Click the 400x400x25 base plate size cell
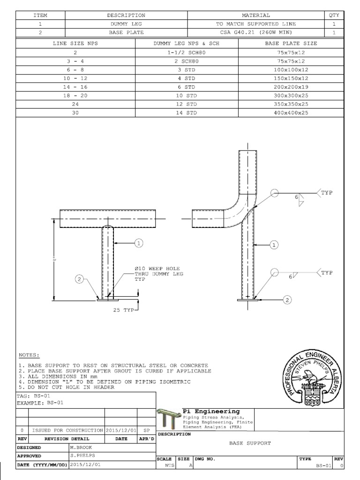pyautogui.click(x=291, y=113)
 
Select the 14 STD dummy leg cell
pyautogui.click(x=187, y=113)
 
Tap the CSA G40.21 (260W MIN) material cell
pyautogui.click(x=255, y=32)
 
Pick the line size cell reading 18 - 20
pyautogui.click(x=75, y=96)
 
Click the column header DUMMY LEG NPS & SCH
pyautogui.click(x=187, y=43)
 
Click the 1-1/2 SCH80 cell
pyautogui.click(x=187, y=52)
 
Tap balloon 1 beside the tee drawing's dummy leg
pyautogui.click(x=139, y=243)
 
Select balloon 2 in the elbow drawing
pyautogui.click(x=288, y=299)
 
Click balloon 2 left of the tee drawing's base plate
pyautogui.click(x=80, y=280)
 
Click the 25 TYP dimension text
pyautogui.click(x=123, y=310)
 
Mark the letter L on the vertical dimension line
pyautogui.click(x=54, y=259)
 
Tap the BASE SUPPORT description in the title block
pyautogui.click(x=250, y=442)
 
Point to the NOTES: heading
pyautogui.click(x=29, y=355)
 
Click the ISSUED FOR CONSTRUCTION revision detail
pyautogui.click(x=67, y=430)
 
